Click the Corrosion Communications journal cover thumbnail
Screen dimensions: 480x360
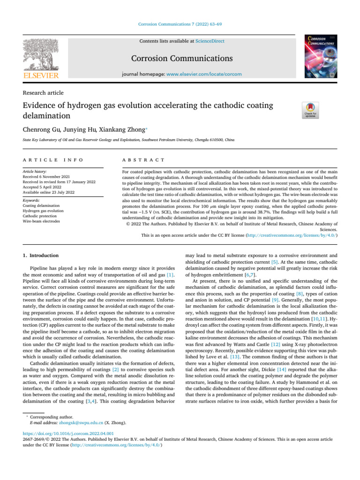click(321, 55)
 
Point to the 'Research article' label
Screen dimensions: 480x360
click(43, 93)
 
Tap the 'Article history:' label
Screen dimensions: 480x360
click(35, 172)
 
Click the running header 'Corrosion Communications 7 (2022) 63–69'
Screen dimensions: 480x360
click(180, 24)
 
